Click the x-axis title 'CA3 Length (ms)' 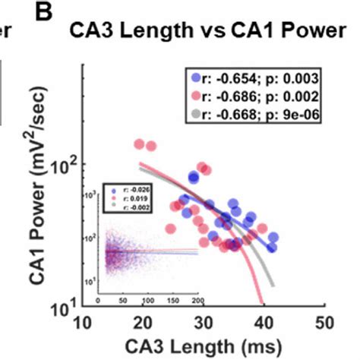click(204, 346)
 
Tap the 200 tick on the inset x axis click(197, 301)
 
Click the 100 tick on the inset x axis click(148, 301)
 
